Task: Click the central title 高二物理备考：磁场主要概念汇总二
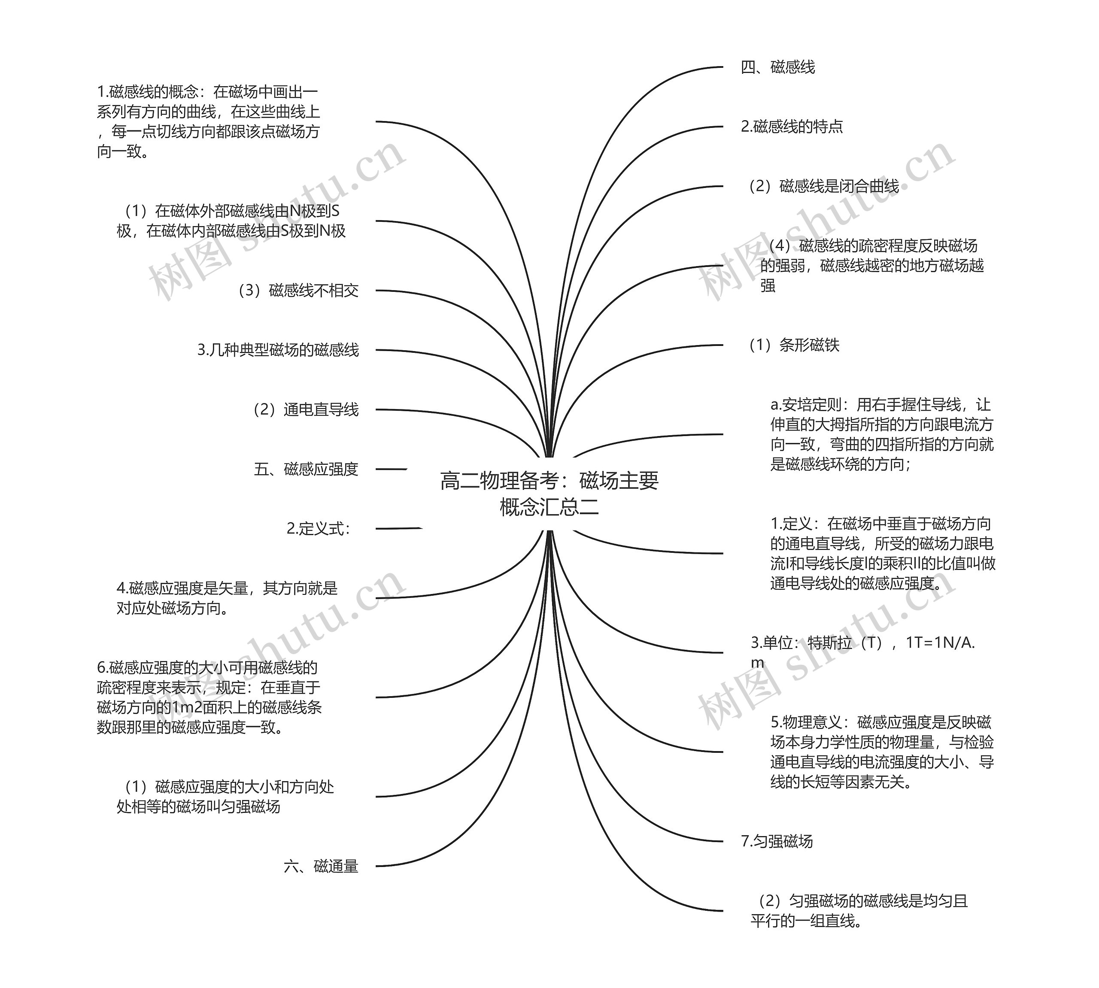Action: tap(549, 494)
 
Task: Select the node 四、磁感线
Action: tap(778, 67)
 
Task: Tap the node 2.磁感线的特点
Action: tap(792, 127)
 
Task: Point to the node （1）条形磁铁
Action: tap(793, 345)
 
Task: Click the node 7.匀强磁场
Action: tap(777, 841)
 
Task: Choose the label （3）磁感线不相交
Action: tap(298, 291)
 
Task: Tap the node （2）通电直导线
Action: tap(305, 410)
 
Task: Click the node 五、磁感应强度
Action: tap(306, 469)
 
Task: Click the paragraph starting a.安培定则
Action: tap(882, 435)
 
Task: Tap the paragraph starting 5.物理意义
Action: tap(882, 752)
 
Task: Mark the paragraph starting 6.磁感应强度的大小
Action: tap(209, 697)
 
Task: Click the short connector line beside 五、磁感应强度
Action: tap(391, 469)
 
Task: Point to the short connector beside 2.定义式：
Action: tap(398, 529)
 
